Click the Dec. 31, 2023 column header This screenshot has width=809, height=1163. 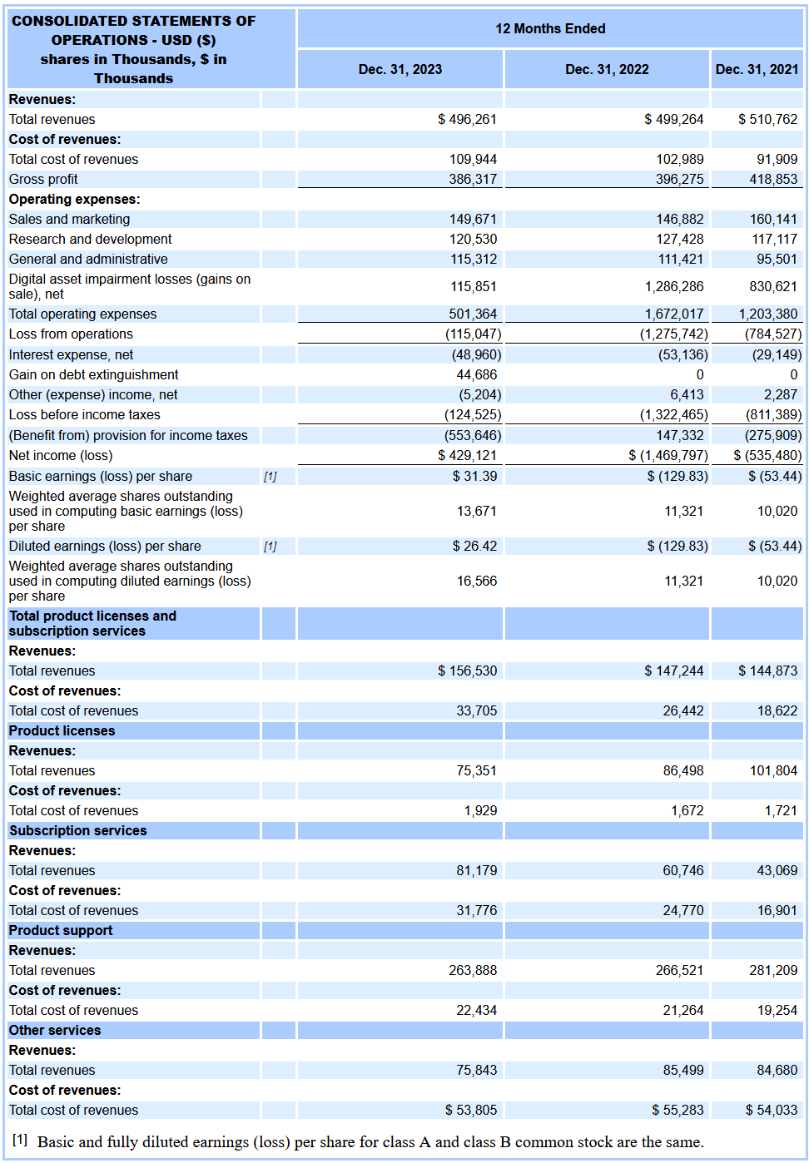pos(400,69)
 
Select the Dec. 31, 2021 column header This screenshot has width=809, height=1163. pos(757,69)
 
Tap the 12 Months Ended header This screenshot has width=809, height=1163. pos(550,28)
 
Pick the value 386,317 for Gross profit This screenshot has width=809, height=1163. pos(473,179)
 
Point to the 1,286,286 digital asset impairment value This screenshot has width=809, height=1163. pos(673,286)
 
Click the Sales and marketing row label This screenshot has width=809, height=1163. pos(69,219)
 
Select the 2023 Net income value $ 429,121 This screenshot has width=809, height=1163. pos(467,455)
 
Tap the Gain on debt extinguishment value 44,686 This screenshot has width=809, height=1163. pos(476,374)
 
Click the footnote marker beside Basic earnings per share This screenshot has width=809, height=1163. pos(270,477)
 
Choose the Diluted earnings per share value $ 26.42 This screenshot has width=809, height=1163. pos(474,546)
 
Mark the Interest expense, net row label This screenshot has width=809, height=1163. pos(71,354)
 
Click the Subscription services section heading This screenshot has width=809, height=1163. pos(77,830)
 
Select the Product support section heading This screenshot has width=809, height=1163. pos(61,930)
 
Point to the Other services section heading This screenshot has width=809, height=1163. pos(55,1030)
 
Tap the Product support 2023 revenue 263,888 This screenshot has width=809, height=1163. pos(473,970)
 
